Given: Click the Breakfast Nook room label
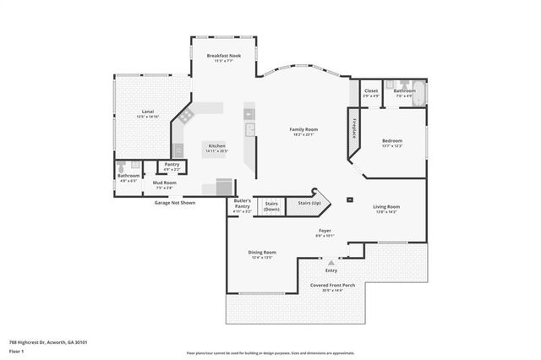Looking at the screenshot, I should (224, 56).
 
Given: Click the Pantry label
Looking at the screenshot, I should (172, 164).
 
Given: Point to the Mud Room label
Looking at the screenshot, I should (164, 183).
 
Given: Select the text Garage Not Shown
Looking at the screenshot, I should (174, 203).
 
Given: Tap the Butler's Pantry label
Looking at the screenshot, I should (242, 202).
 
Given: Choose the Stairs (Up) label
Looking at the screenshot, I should (309, 203).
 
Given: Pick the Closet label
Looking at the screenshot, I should (370, 90).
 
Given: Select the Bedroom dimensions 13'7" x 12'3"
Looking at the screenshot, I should (391, 146).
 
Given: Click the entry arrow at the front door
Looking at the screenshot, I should (331, 263).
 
